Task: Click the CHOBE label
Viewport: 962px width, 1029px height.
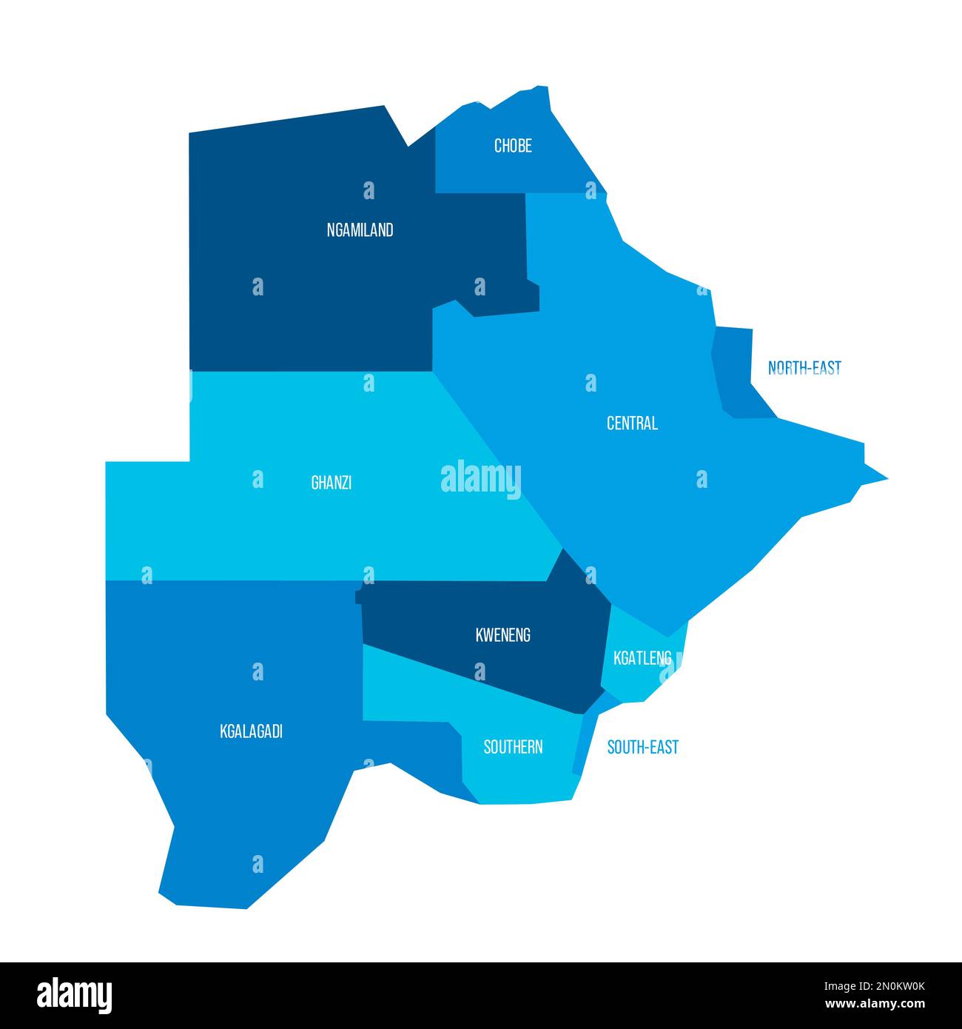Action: point(513,146)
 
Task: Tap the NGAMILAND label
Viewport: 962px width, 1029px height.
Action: point(360,230)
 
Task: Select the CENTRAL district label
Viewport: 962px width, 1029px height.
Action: point(632,423)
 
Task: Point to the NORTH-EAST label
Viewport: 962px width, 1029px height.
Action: point(804,368)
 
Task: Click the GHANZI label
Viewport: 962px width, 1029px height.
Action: point(331,483)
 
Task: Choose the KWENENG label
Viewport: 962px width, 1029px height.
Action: point(502,635)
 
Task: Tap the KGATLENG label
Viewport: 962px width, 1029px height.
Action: point(642,657)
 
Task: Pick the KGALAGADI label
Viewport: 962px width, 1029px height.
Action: point(251,732)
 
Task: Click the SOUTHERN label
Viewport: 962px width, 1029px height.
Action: point(513,747)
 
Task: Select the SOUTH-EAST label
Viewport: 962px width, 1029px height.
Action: point(642,747)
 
